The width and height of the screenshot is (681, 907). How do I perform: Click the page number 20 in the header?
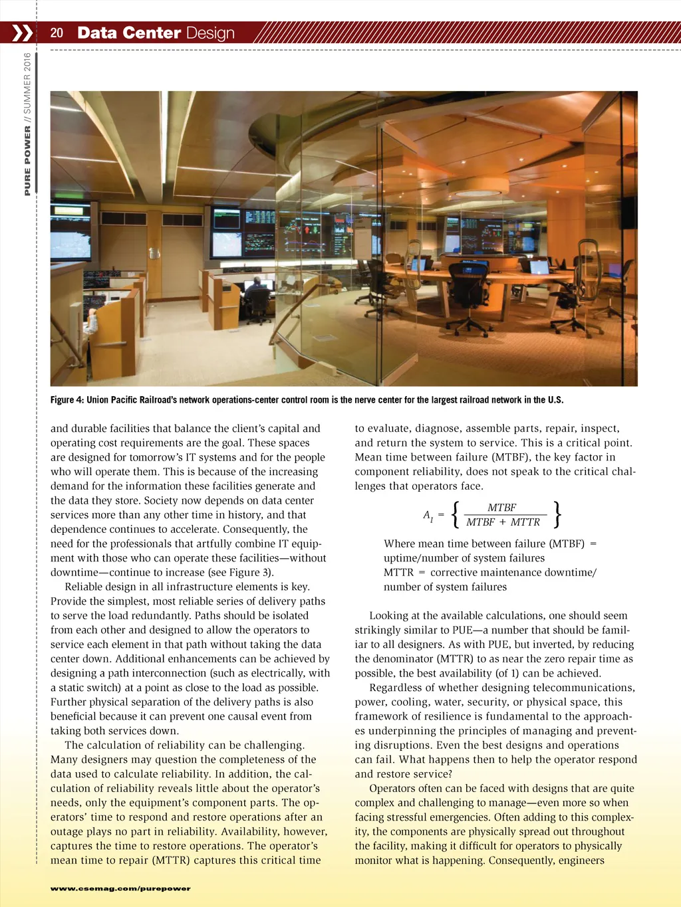click(x=57, y=33)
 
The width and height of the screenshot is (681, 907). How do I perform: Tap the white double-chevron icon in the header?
click(x=22, y=33)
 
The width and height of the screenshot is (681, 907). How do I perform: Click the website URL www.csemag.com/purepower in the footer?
click(x=120, y=888)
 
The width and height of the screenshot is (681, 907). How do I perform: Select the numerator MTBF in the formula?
click(x=501, y=508)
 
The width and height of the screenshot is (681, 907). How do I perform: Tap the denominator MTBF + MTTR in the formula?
click(x=503, y=522)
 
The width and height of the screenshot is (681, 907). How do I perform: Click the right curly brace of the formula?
click(x=557, y=514)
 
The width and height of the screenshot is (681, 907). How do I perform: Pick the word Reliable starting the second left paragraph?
click(x=84, y=587)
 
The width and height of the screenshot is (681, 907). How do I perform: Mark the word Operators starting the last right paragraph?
click(x=392, y=788)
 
